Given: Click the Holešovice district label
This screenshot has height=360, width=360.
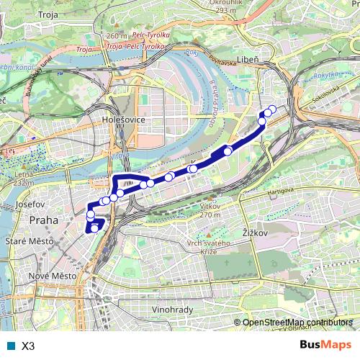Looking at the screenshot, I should point(125,119).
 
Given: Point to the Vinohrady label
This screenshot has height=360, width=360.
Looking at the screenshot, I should point(174,310).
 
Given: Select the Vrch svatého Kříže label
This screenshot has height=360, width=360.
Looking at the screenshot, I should point(212,248).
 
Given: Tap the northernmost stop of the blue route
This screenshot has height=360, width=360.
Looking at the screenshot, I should point(272,109).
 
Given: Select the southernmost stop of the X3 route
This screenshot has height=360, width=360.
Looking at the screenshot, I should point(94,228).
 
